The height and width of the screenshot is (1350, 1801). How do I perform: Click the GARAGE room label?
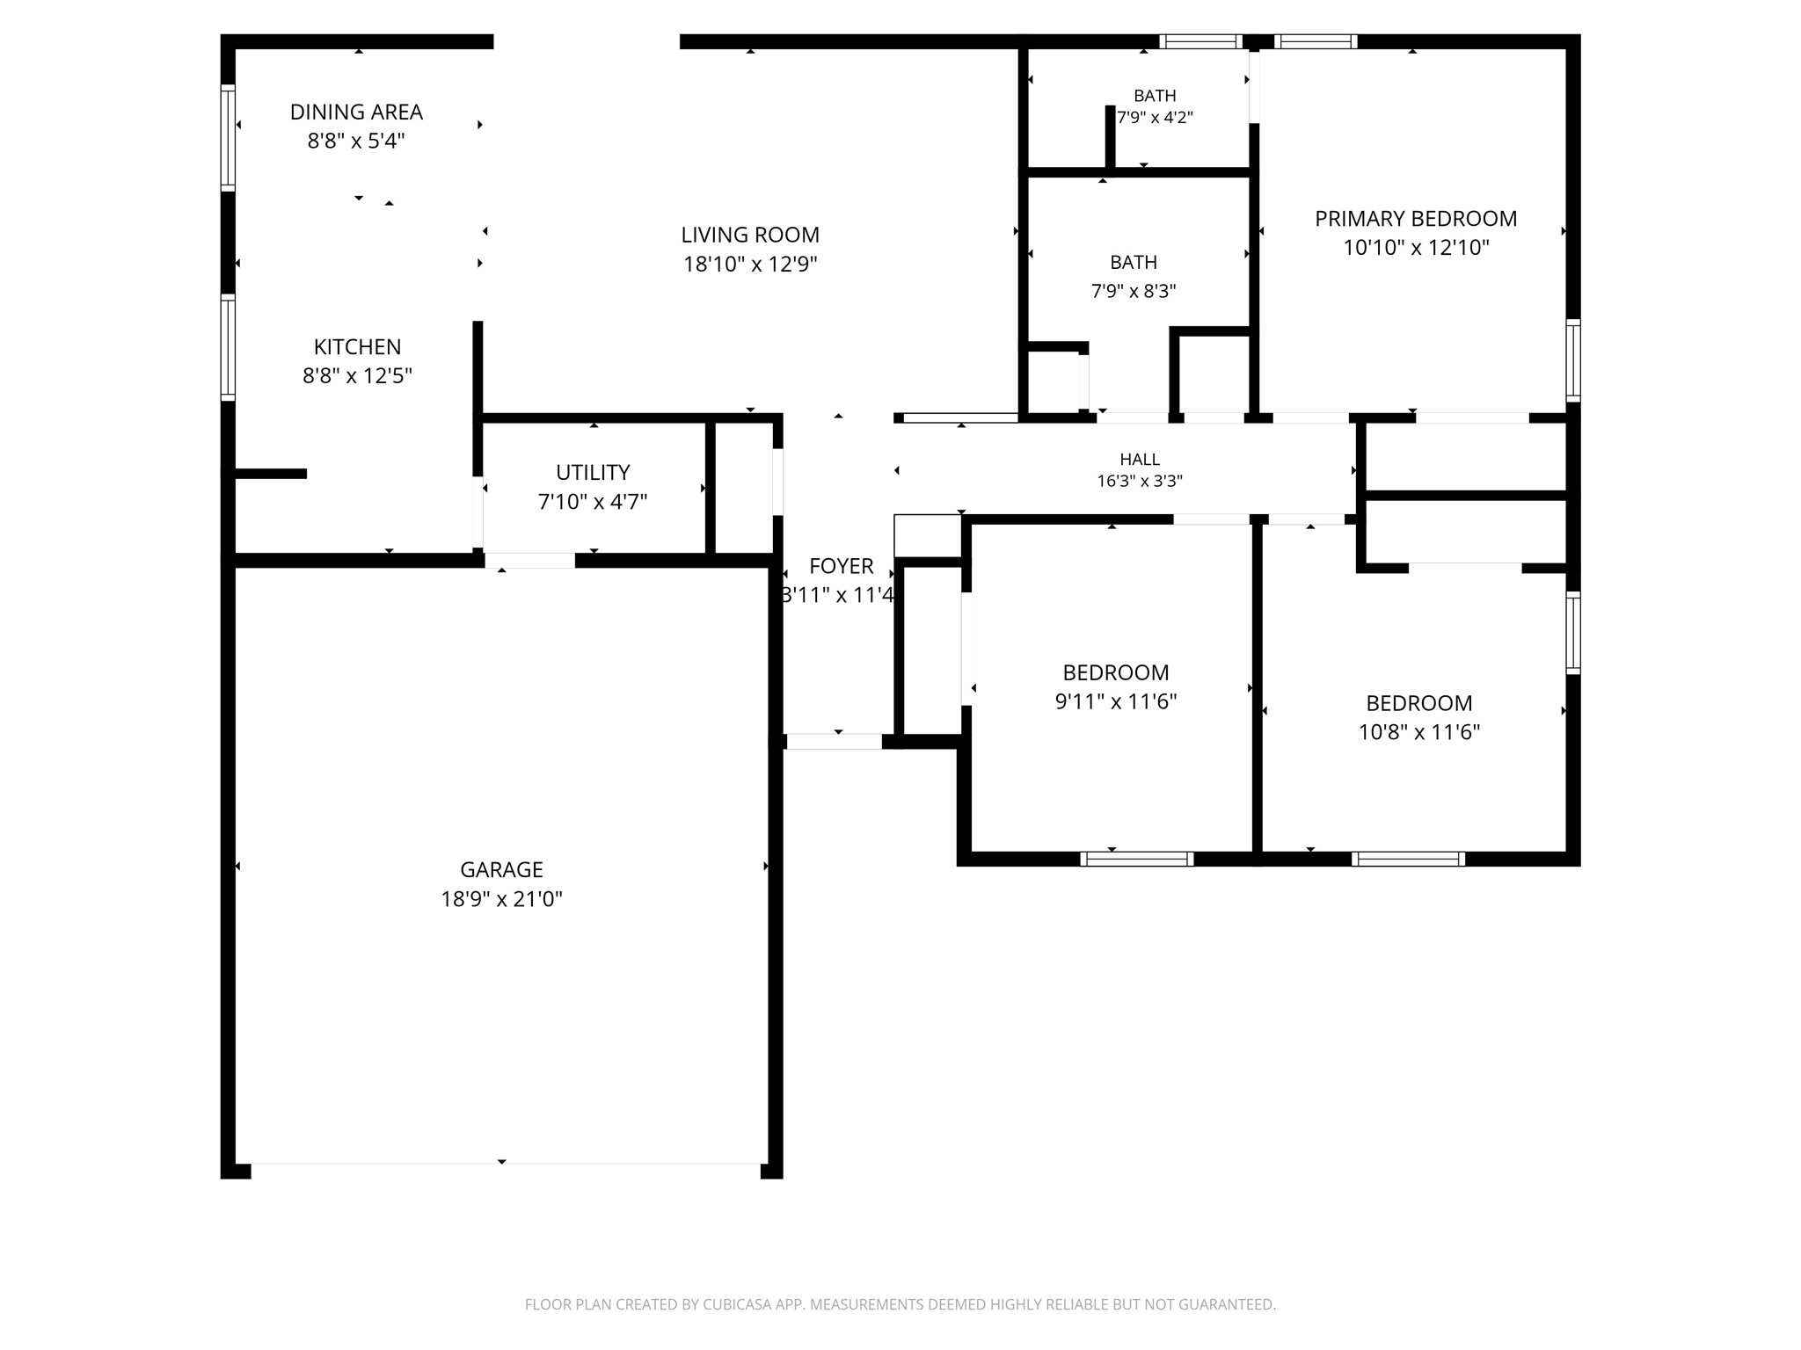(501, 869)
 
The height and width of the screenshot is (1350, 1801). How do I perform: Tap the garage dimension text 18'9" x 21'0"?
(501, 899)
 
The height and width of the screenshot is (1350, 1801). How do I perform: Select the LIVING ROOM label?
(750, 235)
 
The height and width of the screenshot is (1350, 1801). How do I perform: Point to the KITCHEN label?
(357, 346)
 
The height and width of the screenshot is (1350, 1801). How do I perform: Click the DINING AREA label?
(356, 112)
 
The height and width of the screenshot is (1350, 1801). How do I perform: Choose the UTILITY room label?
(593, 472)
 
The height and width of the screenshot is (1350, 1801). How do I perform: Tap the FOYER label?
(842, 566)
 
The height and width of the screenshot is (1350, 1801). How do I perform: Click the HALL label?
(1140, 459)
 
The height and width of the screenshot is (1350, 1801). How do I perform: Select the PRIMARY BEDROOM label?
(1416, 218)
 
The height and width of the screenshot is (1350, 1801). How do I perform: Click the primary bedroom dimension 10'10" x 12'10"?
(1416, 248)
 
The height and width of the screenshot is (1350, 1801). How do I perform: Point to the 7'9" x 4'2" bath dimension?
(1155, 117)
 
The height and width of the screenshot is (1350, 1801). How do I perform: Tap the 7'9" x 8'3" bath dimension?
(1134, 291)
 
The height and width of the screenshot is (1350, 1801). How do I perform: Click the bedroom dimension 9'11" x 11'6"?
(1116, 701)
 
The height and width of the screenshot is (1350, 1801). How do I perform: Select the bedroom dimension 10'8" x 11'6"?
(1419, 732)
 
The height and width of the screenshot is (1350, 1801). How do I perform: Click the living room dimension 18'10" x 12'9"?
(750, 265)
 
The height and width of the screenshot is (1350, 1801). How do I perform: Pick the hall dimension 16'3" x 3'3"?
(1140, 481)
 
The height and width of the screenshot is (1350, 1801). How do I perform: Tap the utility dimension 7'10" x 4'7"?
(593, 502)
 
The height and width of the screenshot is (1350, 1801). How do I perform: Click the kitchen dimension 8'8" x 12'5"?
(357, 376)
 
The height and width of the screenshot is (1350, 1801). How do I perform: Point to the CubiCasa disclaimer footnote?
(900, 1305)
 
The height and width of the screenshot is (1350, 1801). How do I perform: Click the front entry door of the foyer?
(834, 741)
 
